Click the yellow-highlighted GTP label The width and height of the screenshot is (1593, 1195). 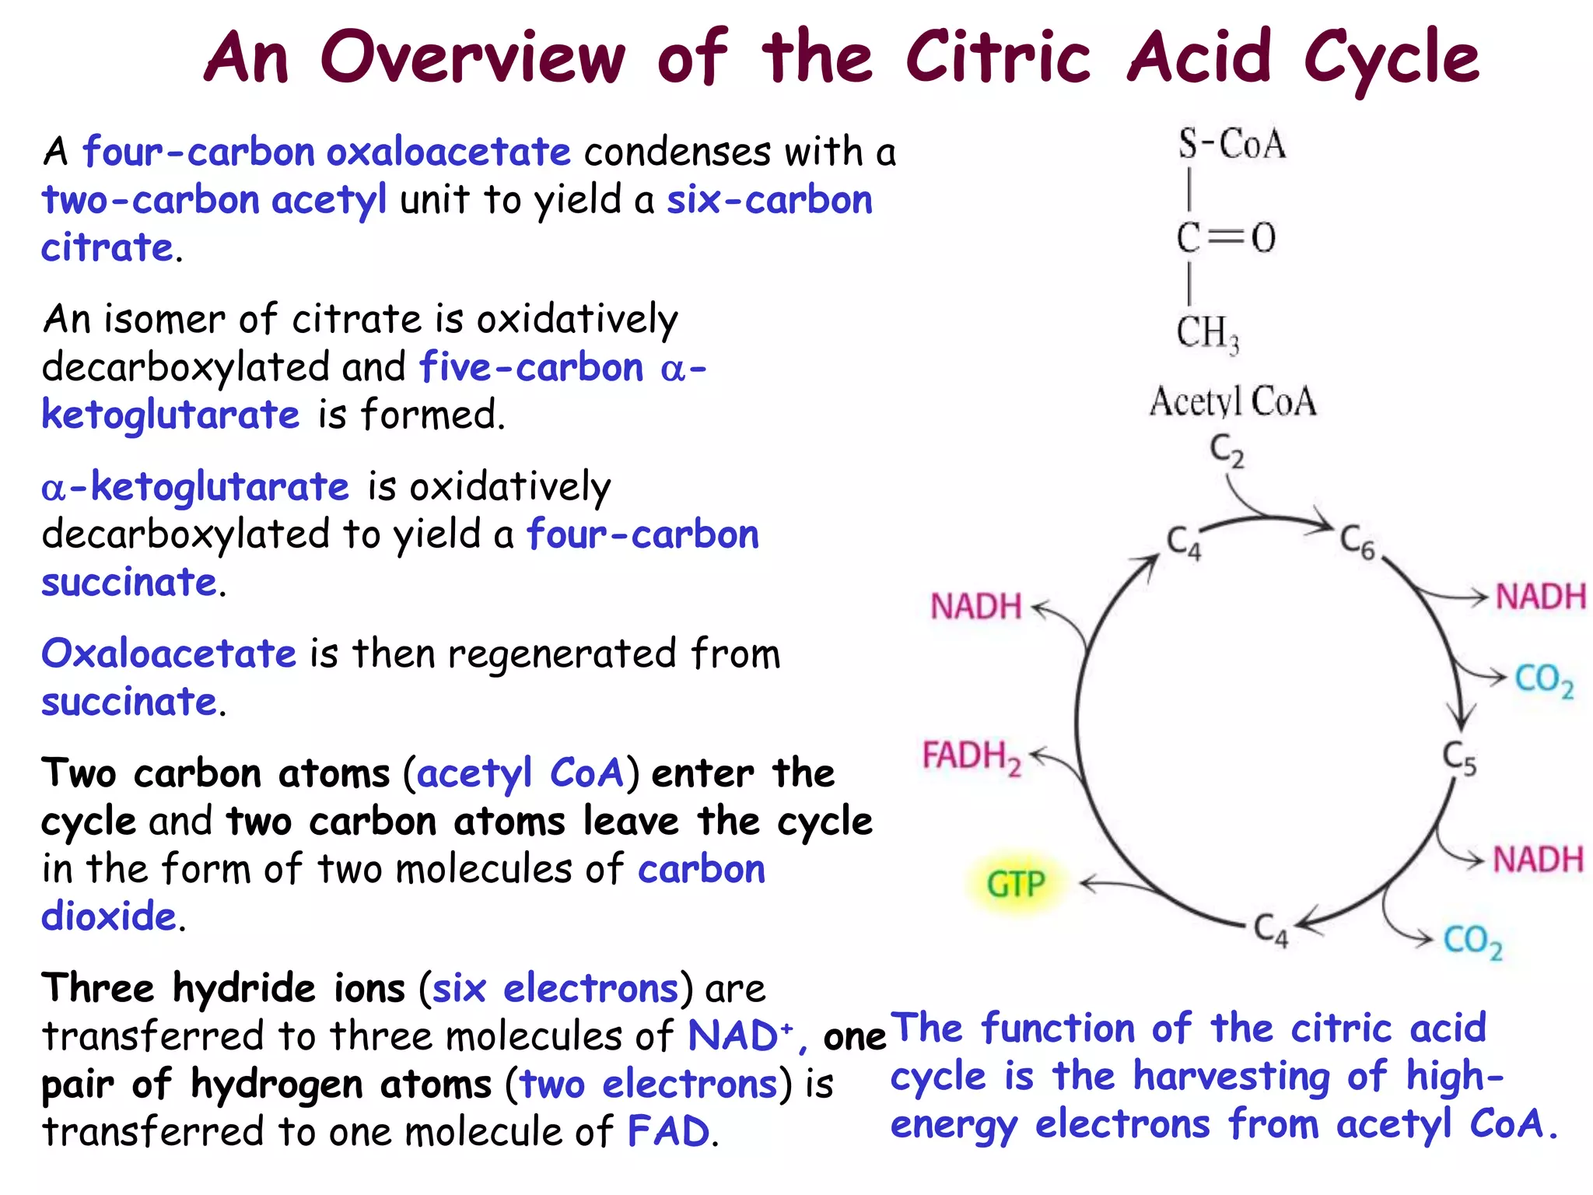tap(1016, 885)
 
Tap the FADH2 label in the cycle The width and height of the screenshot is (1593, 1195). tap(972, 756)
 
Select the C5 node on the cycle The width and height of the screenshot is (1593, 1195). tap(1458, 758)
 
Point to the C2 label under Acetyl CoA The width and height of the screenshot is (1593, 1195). tap(1227, 450)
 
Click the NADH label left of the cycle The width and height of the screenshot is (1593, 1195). tap(975, 606)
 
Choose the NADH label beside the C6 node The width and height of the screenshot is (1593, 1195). tap(1540, 597)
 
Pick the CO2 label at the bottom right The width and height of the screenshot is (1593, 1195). tap(1472, 941)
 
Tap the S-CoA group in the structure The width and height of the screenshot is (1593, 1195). tap(1231, 144)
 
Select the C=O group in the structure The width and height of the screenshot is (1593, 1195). tap(1226, 237)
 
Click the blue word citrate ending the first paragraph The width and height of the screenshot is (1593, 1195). tap(107, 248)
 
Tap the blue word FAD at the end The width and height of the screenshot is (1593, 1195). tap(668, 1131)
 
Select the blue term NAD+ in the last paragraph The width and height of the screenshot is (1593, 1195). tap(740, 1036)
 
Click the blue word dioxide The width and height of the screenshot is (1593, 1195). tap(109, 916)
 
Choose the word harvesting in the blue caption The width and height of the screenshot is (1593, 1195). tap(1231, 1078)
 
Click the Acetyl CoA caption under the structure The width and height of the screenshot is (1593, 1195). tap(1233, 402)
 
